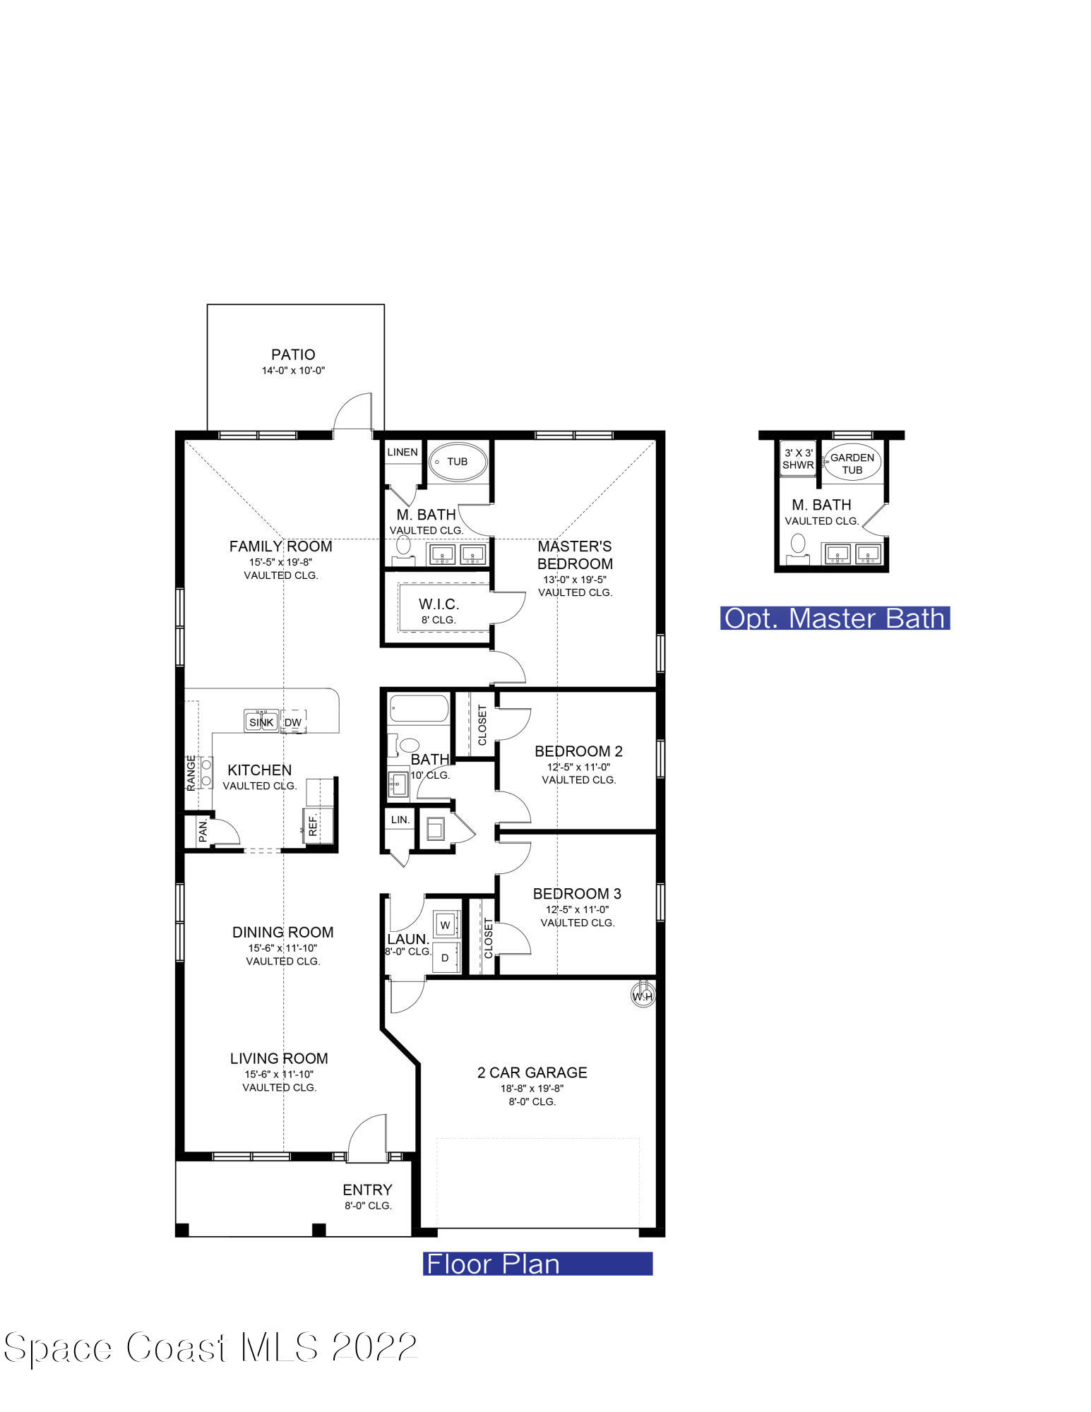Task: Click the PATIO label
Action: tap(293, 354)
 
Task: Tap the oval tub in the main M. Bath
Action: tap(458, 462)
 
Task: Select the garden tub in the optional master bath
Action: tap(852, 463)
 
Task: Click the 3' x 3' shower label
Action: tap(798, 459)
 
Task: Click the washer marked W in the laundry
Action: tap(446, 924)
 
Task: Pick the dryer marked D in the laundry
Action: tap(445, 958)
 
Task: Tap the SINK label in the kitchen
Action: tap(261, 722)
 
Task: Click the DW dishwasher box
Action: tap(292, 722)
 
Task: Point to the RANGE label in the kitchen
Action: tap(191, 772)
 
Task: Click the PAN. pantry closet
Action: tap(203, 830)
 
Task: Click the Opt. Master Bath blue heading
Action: tap(835, 618)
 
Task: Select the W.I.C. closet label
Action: tap(439, 604)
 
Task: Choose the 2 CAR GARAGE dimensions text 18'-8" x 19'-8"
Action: tap(532, 1088)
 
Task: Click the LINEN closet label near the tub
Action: tap(403, 452)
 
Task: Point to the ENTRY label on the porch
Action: tap(367, 1190)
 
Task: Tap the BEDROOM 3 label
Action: tap(577, 894)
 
